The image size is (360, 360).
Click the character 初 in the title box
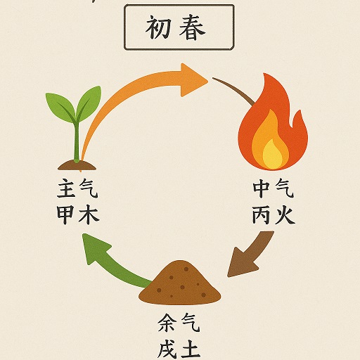158,27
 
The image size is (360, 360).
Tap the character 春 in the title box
192,27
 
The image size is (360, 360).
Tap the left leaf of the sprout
61,107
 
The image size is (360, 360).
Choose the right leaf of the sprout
89,103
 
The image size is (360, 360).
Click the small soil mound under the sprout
77,165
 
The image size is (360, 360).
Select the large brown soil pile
179,283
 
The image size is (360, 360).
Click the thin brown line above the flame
234,90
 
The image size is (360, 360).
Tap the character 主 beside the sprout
66,188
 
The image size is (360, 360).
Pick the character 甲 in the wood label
66,214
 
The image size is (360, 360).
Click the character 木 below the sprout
89,214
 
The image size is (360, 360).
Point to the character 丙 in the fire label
261,214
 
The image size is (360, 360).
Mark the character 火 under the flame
285,214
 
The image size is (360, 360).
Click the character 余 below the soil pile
167,323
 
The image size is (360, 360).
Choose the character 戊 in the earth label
167,350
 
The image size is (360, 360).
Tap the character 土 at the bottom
191,350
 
